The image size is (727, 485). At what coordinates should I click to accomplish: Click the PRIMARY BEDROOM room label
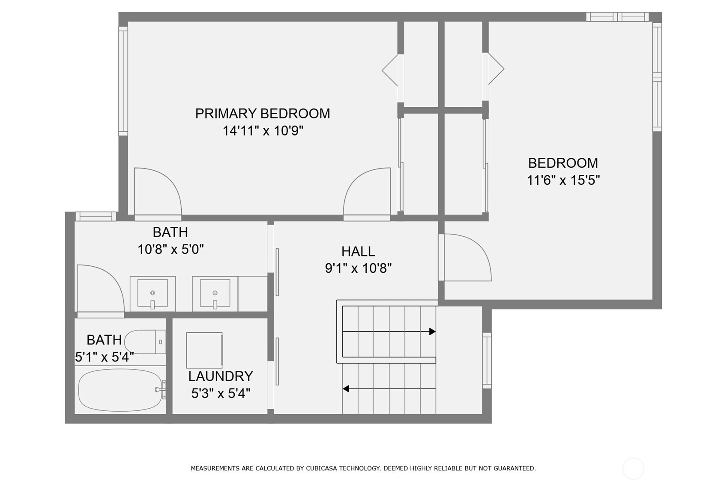263,114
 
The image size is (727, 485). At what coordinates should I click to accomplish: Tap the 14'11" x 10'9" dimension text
263,131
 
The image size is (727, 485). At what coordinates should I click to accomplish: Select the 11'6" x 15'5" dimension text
563,180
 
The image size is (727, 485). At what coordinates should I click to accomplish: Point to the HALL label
358,251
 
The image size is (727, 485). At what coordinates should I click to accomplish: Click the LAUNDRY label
221,376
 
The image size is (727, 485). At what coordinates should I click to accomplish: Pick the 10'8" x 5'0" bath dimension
171,250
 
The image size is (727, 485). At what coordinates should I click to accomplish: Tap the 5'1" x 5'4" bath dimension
105,357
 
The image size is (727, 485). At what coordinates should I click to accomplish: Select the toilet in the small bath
145,342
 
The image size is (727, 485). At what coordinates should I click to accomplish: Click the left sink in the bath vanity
153,293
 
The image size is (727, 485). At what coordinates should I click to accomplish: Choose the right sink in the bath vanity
215,293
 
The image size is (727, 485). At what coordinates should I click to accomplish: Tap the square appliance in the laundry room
204,350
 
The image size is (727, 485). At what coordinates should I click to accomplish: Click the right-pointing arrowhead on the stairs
432,331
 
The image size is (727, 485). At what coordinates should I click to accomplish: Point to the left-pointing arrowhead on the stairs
346,389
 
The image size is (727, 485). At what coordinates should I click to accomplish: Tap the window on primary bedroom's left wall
123,81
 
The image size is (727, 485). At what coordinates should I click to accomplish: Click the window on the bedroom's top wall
617,17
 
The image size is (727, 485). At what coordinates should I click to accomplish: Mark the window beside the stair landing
487,360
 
